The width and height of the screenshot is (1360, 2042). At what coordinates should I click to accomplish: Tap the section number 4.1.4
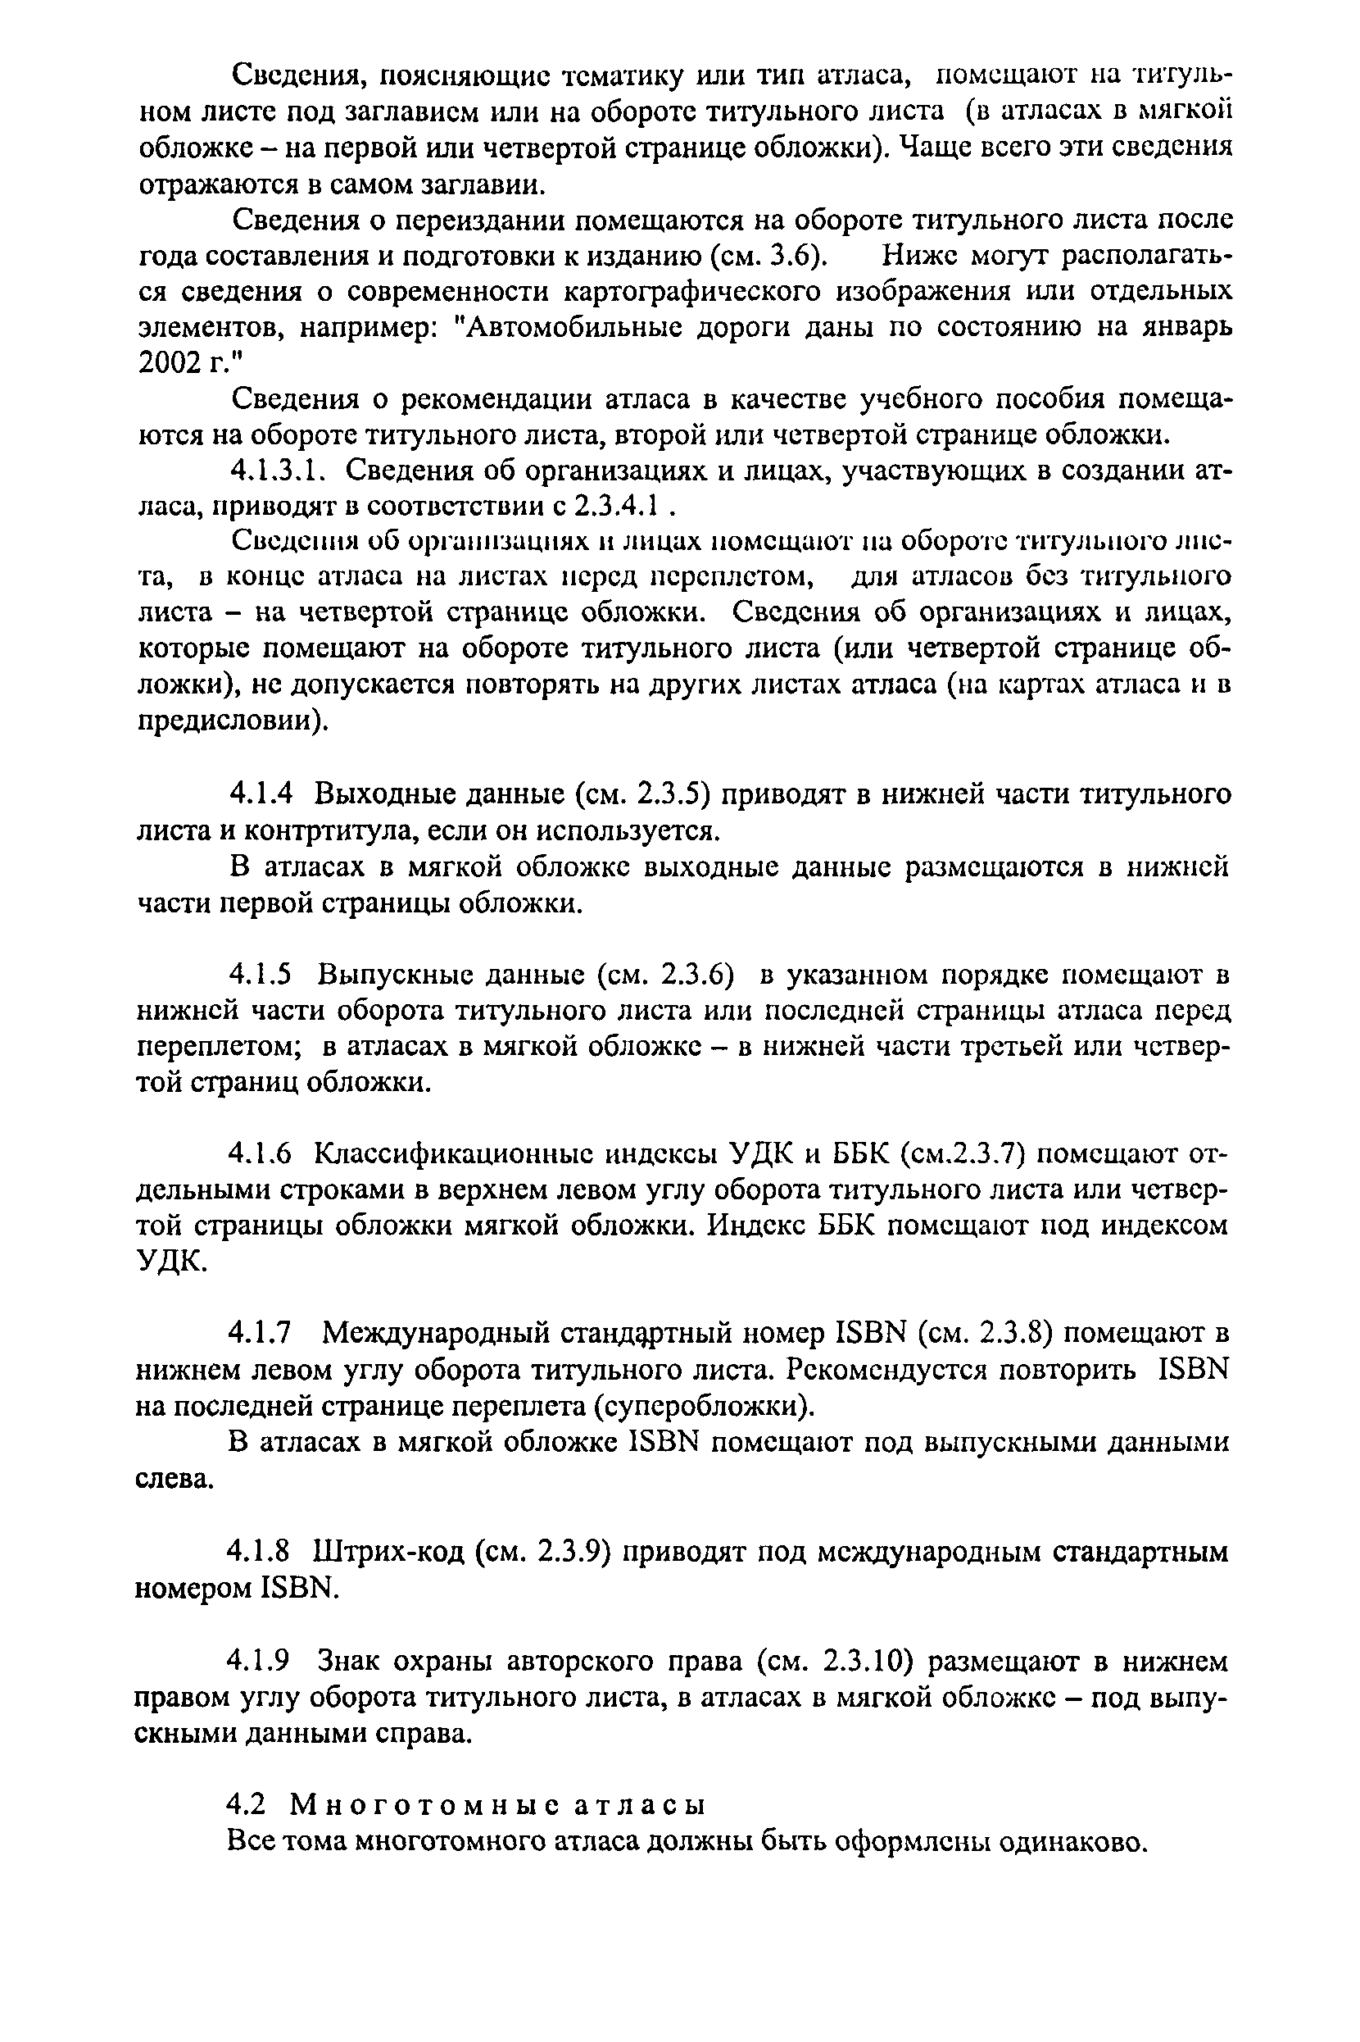tap(261, 794)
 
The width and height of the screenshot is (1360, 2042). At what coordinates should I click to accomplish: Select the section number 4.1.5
tap(261, 976)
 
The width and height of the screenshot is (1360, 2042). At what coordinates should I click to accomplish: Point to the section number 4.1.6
tap(261, 1154)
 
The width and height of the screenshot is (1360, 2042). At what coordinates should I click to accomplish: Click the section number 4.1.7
tap(261, 1332)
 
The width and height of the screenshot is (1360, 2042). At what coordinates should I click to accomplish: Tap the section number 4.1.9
tap(261, 1661)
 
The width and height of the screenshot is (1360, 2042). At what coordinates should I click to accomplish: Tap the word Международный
tap(433, 1333)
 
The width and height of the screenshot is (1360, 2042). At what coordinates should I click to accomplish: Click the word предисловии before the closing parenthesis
tap(224, 722)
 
